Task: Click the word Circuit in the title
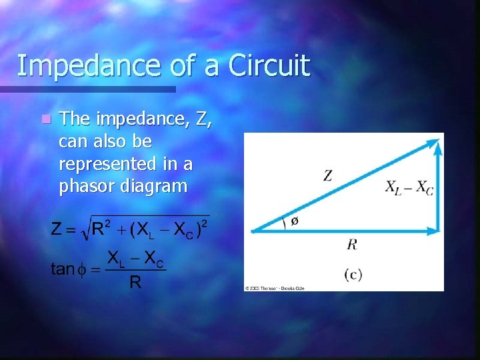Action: [x=269, y=67]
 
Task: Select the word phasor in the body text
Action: [x=84, y=187]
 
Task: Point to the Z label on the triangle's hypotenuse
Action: [x=328, y=176]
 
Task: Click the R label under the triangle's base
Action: [x=352, y=245]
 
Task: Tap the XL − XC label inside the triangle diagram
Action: [x=409, y=188]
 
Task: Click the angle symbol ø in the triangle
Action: [x=295, y=221]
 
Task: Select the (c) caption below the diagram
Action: [x=353, y=273]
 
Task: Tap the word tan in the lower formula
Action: [x=63, y=269]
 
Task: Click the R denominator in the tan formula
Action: [x=135, y=283]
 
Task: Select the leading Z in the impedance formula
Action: [x=57, y=231]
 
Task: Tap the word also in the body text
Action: [x=107, y=141]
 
